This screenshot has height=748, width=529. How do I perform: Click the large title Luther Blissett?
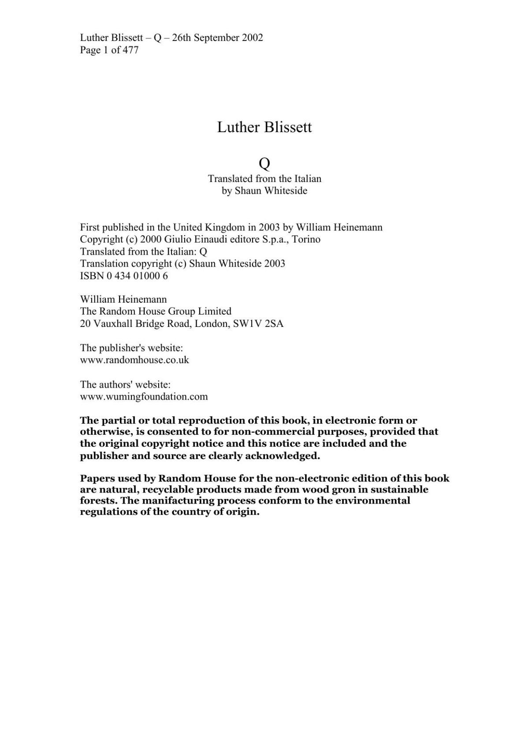coord(264,127)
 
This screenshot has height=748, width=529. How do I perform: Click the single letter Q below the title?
coord(264,164)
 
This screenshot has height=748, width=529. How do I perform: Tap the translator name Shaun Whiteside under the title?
coord(271,191)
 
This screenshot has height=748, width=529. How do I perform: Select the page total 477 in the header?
coord(130,50)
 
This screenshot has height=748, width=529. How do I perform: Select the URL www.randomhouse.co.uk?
coord(134,360)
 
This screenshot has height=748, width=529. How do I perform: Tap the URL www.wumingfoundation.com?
coord(144,396)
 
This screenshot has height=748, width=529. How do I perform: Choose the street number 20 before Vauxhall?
coord(85,324)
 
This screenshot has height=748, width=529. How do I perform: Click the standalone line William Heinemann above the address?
coord(123,300)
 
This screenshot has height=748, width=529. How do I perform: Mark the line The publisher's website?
coord(131,348)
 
